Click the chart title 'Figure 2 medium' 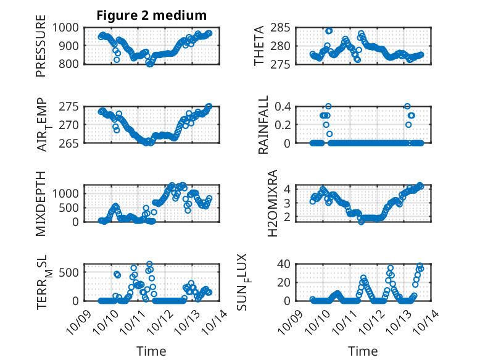tap(152, 15)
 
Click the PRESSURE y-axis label tap(41, 49)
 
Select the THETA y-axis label tap(259, 45)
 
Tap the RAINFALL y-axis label tap(263, 125)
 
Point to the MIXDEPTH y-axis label tap(41, 204)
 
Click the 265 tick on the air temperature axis tap(69, 143)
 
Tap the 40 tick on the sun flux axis tap(284, 264)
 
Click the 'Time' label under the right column tap(363, 351)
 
